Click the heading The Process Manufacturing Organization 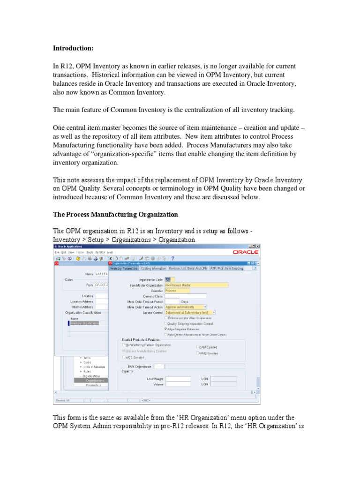tap(115, 214)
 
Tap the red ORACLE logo tap(245, 252)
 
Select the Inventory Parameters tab tap(124, 269)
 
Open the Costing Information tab tap(153, 269)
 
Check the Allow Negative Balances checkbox tap(166, 329)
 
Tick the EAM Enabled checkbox tap(197, 347)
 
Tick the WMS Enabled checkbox tap(197, 353)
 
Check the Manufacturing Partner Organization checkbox tap(124, 345)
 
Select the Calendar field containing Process tap(177, 290)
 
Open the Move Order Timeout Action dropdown tap(186, 307)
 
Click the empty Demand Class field tap(186, 296)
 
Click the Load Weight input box tap(178, 379)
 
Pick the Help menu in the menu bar tap(110, 252)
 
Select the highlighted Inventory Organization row tap(84, 323)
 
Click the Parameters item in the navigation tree tap(93, 385)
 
